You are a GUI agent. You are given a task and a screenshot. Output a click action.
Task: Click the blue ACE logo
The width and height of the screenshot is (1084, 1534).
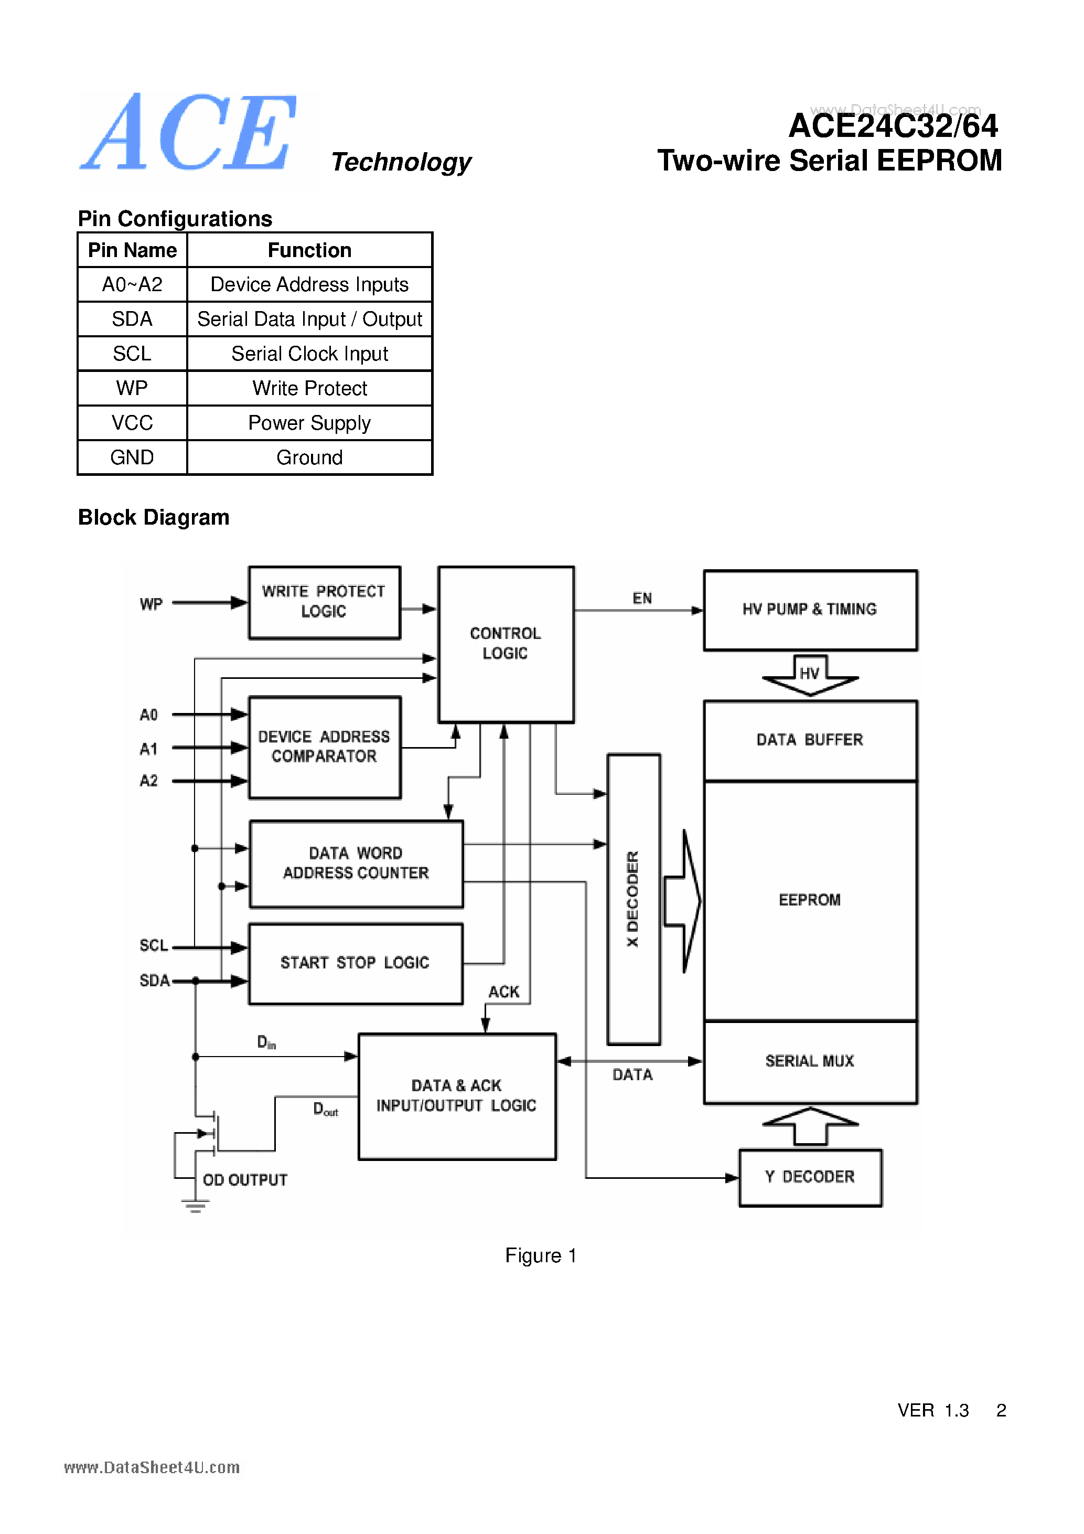click(x=189, y=134)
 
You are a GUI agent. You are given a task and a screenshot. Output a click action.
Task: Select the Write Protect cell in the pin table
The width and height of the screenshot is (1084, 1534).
click(x=309, y=388)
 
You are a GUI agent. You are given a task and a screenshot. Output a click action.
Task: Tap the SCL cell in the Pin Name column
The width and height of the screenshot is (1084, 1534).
click(x=132, y=354)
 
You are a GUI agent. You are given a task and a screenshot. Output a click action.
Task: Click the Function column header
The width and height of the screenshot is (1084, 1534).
click(x=309, y=250)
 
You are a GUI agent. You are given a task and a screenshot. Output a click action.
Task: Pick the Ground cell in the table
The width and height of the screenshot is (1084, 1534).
click(x=309, y=457)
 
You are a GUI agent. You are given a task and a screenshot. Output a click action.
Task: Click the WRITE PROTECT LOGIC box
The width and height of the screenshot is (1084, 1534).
click(x=324, y=602)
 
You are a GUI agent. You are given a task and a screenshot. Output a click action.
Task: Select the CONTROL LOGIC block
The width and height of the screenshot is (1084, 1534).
click(x=506, y=643)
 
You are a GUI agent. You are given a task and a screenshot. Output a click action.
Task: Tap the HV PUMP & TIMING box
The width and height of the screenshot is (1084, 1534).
click(x=810, y=609)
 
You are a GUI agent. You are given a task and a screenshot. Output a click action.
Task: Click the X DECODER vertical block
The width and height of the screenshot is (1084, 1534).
click(x=633, y=899)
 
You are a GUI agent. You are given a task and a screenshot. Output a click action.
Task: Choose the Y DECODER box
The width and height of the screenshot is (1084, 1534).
click(x=810, y=1177)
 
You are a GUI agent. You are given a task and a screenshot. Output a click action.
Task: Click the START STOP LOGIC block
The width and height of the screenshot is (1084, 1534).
click(x=356, y=963)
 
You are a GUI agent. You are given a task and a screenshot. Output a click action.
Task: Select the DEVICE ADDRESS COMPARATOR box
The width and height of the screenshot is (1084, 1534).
click(x=324, y=747)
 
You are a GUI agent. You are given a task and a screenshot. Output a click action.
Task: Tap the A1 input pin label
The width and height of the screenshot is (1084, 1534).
click(x=148, y=749)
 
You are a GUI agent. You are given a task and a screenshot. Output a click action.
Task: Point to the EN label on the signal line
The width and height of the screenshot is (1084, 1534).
click(x=642, y=598)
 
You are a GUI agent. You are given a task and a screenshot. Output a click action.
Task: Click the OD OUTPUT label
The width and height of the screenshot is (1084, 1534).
click(x=244, y=1180)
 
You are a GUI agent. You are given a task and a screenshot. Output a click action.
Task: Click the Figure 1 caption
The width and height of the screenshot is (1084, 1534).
click(x=540, y=1255)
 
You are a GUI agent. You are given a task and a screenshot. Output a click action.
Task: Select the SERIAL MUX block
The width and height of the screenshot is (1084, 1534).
click(x=810, y=1061)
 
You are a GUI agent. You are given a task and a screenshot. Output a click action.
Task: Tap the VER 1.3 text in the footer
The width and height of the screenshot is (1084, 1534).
click(x=932, y=1410)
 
